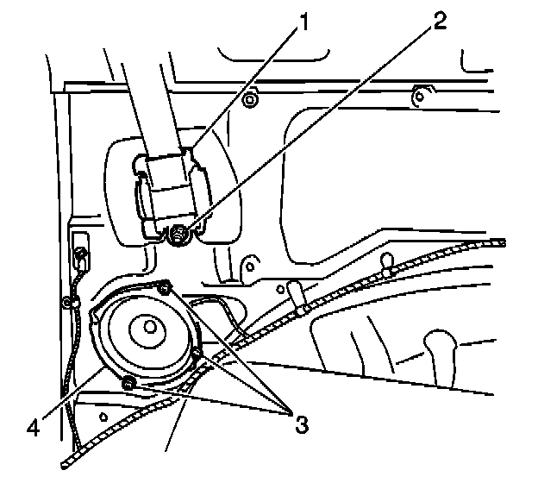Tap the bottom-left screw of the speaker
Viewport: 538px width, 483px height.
128,382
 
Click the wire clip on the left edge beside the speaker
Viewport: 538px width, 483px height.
67,302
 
